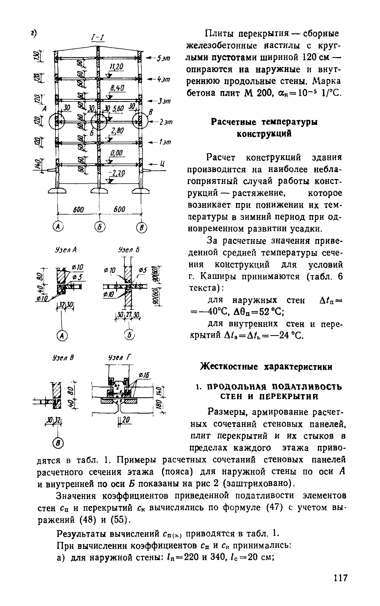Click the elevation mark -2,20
(x=117, y=174)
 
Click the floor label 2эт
(x=166, y=122)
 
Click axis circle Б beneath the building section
(x=100, y=227)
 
